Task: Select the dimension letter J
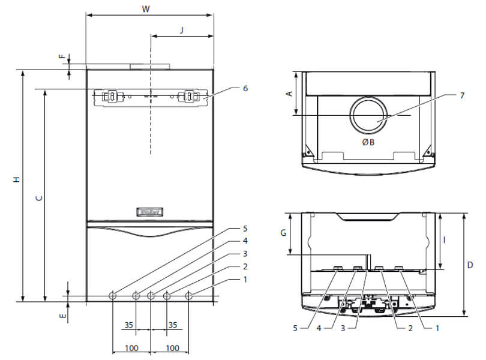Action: point(182,29)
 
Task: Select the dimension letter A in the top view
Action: point(289,94)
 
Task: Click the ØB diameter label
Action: point(368,143)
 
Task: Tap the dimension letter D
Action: point(470,265)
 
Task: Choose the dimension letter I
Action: point(445,239)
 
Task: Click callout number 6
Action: point(245,88)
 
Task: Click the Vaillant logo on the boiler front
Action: point(150,211)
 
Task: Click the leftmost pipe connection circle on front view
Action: point(113,295)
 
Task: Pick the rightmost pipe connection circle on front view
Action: point(189,295)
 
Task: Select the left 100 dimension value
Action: point(132,348)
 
